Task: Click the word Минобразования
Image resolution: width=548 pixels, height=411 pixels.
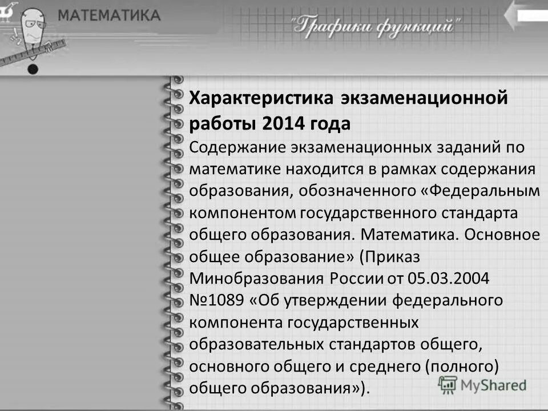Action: [257, 279]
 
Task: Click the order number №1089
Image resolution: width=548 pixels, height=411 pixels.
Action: [217, 301]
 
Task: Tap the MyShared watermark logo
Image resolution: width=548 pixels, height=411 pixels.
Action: [482, 386]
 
